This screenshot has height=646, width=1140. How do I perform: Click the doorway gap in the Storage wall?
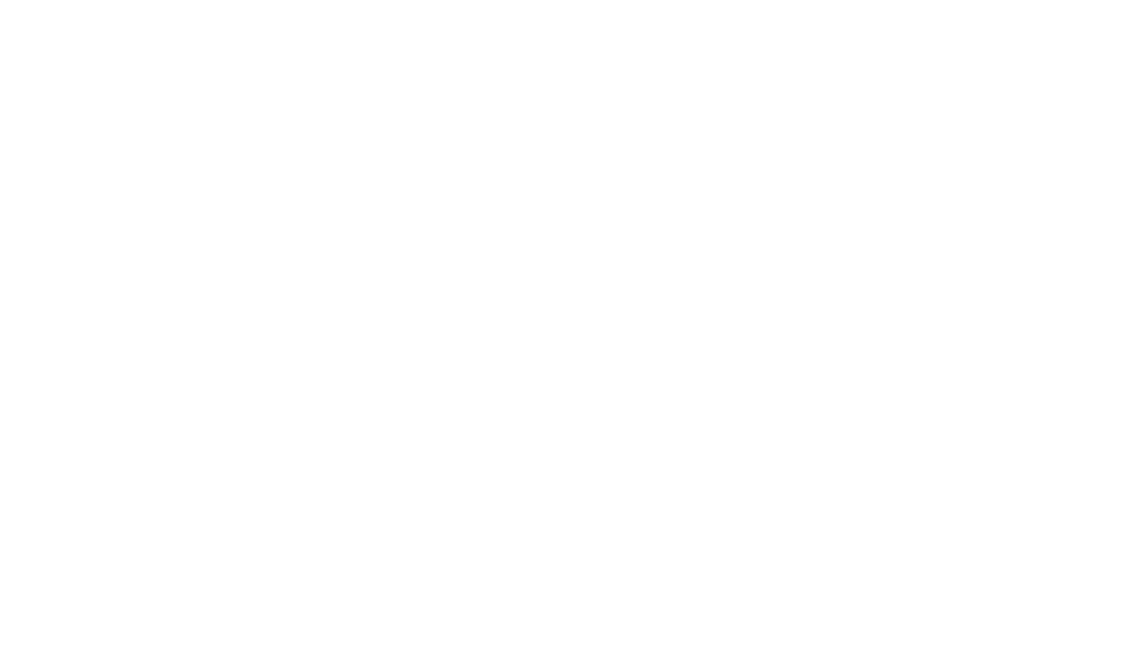pyautogui.click(x=320, y=146)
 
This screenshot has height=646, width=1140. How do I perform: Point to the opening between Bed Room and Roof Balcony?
pyautogui.click(x=640, y=463)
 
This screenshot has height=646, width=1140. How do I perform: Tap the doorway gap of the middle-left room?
pyautogui.click(x=213, y=253)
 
